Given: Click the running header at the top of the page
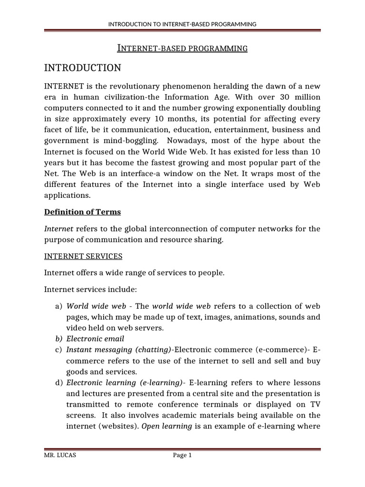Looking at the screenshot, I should pyautogui.click(x=182, y=24).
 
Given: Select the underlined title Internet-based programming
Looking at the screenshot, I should pyautogui.click(x=182, y=48).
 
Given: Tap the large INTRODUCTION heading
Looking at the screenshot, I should pyautogui.click(x=83, y=68).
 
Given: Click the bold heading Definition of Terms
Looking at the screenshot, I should pyautogui.click(x=82, y=212).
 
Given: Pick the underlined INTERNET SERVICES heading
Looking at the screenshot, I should pyautogui.click(x=83, y=256).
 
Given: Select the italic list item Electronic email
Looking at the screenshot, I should pyautogui.click(x=95, y=339).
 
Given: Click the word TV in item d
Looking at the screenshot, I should pyautogui.click(x=315, y=404).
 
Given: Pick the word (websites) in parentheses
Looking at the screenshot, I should pyautogui.click(x=120, y=426).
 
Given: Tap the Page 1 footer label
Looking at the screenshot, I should pyautogui.click(x=182, y=456).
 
